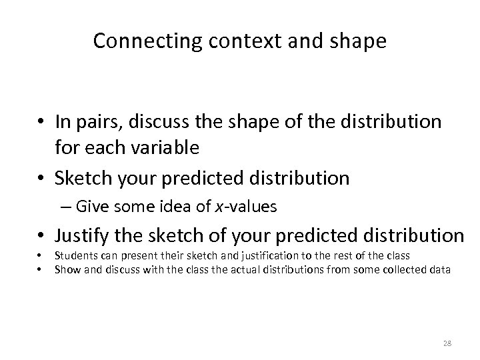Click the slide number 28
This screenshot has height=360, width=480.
pyautogui.click(x=447, y=343)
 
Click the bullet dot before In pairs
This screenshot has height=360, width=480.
pyautogui.click(x=41, y=123)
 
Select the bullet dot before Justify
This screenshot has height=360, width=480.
pyautogui.click(x=41, y=236)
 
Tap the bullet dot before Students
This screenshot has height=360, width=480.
pyautogui.click(x=40, y=257)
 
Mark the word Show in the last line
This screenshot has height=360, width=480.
pyautogui.click(x=65, y=269)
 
